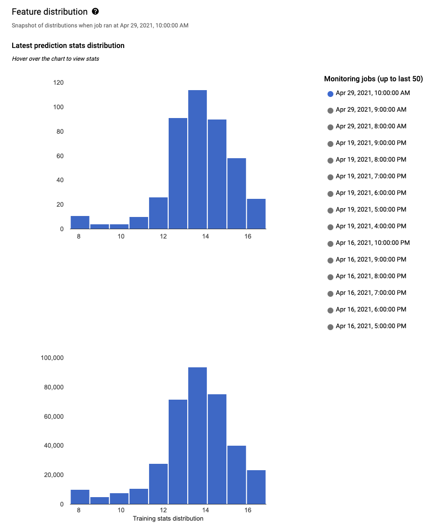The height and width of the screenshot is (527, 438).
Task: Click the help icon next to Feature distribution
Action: pyautogui.click(x=95, y=11)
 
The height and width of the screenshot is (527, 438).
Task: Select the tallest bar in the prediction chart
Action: pyautogui.click(x=197, y=159)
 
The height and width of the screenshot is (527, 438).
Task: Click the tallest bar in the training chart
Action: pyautogui.click(x=197, y=435)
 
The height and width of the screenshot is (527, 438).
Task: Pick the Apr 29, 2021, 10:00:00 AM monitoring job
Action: pyautogui.click(x=372, y=93)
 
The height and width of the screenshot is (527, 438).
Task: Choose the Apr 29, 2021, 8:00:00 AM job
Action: pyautogui.click(x=371, y=126)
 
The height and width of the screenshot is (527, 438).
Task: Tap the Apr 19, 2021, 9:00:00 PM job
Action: pyautogui.click(x=371, y=143)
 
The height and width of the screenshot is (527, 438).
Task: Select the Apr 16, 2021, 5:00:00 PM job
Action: pyautogui.click(x=371, y=326)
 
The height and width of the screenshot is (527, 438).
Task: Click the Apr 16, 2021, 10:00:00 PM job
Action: pyautogui.click(x=372, y=243)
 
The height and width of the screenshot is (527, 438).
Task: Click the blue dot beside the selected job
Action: pyautogui.click(x=330, y=94)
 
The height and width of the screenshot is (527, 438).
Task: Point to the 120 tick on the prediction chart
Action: pyautogui.click(x=58, y=83)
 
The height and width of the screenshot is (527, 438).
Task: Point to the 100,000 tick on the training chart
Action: pyautogui.click(x=52, y=358)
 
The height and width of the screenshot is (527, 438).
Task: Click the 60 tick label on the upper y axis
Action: pyautogui.click(x=60, y=156)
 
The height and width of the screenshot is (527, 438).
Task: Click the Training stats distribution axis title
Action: pyautogui.click(x=168, y=518)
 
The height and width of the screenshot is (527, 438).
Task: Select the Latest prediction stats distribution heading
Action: pyautogui.click(x=68, y=46)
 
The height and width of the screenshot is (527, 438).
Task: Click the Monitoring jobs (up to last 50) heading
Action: pyautogui.click(x=373, y=79)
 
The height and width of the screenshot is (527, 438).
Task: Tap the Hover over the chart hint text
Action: pyautogui.click(x=55, y=59)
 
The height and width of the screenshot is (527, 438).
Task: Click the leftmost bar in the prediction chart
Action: pyautogui.click(x=80, y=222)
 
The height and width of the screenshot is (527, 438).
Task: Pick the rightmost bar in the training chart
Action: pyautogui.click(x=256, y=487)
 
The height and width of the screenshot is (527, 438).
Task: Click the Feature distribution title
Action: pyautogui.click(x=49, y=11)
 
